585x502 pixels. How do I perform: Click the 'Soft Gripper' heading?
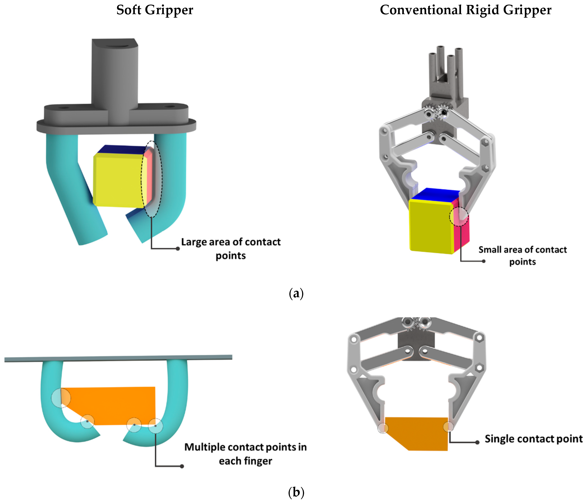coord(155,10)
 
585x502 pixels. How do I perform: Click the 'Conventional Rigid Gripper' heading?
coord(465,10)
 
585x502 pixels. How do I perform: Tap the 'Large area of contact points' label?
coord(231,249)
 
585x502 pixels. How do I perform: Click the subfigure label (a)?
coord(296,293)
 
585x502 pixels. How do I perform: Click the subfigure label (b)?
coord(296,492)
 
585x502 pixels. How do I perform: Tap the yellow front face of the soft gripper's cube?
coord(117,181)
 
